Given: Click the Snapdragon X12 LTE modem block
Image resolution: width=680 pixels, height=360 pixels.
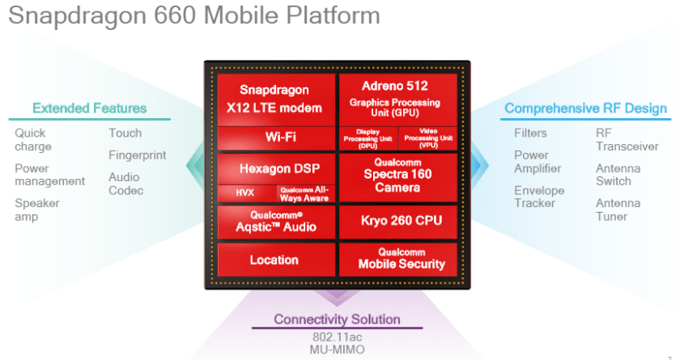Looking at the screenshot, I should pos(275,99).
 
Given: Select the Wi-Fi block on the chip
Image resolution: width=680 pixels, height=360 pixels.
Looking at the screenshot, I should pos(275,138).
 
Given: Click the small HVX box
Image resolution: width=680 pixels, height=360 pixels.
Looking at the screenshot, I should pos(245,193).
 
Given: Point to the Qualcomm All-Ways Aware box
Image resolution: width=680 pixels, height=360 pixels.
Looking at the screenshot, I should pos(304,193).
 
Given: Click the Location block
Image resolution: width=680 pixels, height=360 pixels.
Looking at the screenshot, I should pos(274,260).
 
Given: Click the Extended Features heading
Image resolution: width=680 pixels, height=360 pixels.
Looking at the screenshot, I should pos(89,108).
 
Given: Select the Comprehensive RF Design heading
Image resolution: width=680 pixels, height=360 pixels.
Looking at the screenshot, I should pos(585,108).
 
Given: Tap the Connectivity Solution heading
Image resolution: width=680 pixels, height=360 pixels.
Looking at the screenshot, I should pos(337,319).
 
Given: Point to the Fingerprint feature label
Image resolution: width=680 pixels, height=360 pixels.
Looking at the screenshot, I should pos(138,155).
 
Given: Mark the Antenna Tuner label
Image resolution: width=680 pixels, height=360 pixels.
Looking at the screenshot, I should pos(618,210).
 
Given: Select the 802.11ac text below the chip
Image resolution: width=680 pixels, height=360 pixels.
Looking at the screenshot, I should pos(336,336).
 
